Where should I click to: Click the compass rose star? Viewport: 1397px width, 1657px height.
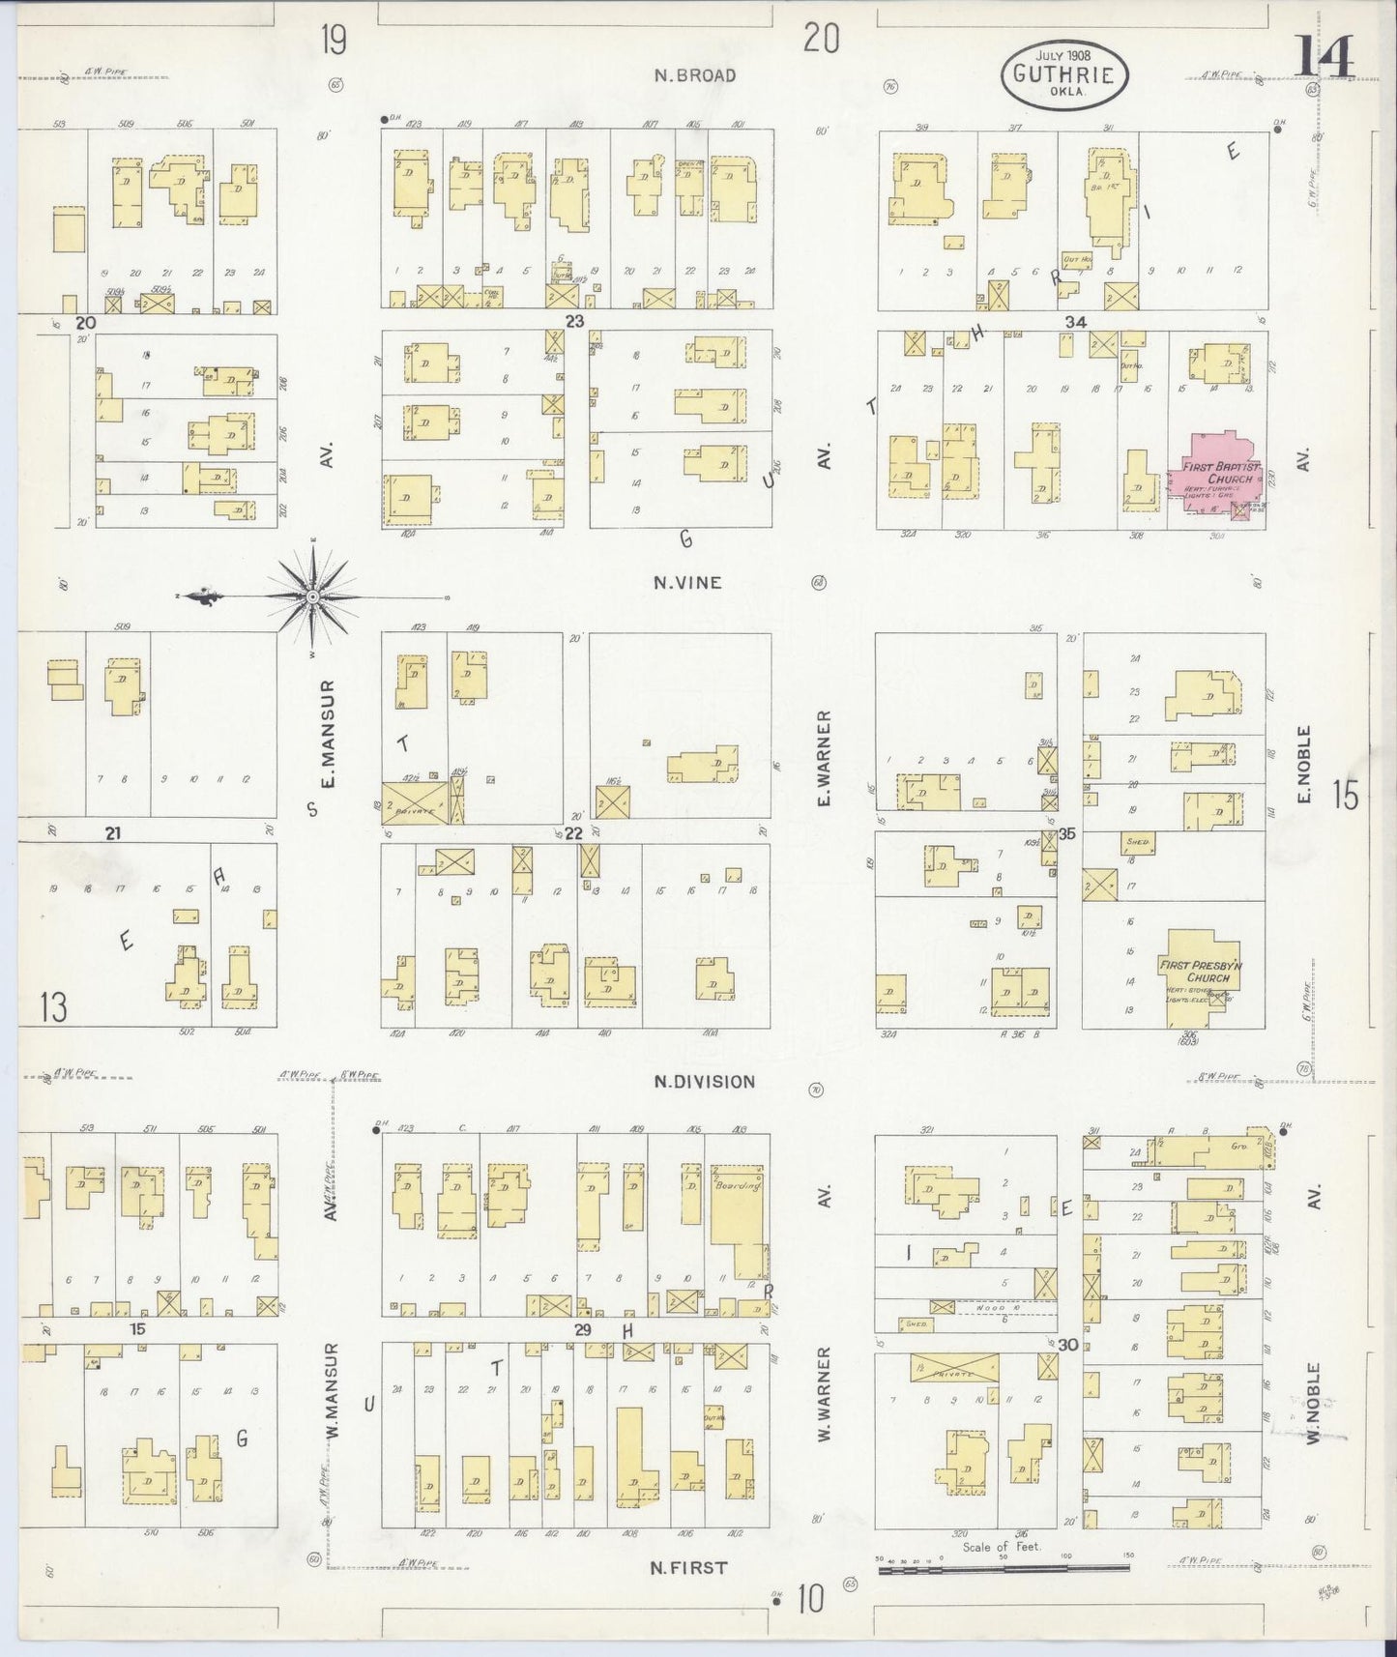[x=312, y=598]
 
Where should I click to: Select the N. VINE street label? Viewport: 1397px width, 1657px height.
[x=687, y=583]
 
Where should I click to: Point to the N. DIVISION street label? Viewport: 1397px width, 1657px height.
[x=704, y=1082]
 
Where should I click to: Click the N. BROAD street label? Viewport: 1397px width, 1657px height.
[x=694, y=75]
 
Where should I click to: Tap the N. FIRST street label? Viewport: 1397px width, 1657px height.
[x=689, y=1567]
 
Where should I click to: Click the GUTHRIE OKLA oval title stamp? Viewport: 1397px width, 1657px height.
[x=1063, y=72]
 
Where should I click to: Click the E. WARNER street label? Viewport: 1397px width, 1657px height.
[x=824, y=759]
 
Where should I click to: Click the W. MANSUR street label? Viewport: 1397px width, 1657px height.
[x=331, y=1404]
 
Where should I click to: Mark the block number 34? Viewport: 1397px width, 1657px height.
[x=1075, y=322]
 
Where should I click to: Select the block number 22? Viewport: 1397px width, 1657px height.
[x=574, y=833]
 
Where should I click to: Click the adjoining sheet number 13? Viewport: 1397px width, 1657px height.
[x=53, y=1007]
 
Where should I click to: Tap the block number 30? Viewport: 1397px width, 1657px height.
[x=1067, y=1344]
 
